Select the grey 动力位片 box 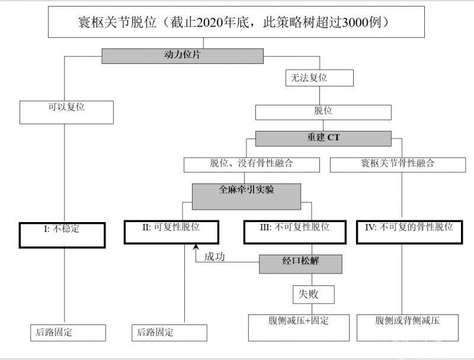(182, 56)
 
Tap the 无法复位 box (319, 78)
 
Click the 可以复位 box (66, 111)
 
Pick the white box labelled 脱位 (323, 112)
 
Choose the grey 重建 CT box (323, 139)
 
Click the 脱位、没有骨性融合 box (251, 164)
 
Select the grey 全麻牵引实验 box (246, 195)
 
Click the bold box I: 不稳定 (62, 234)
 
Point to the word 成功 (214, 257)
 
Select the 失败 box (313, 294)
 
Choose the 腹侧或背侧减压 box (407, 327)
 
